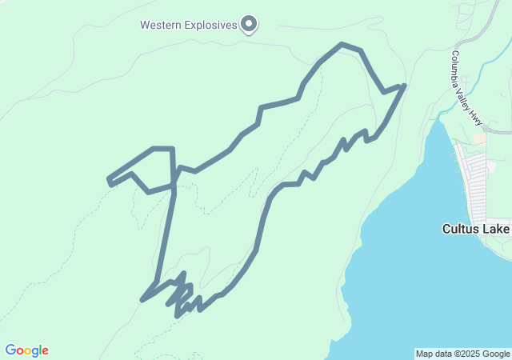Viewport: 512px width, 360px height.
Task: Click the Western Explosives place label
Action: pos(189,25)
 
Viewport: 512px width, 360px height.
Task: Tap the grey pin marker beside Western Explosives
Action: pos(249,25)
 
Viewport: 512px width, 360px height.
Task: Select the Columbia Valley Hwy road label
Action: pos(466,89)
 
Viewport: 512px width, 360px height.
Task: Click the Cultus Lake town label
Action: pos(475,229)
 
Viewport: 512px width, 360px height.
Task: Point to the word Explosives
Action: pos(210,25)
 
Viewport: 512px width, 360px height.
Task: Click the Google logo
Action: pos(26,350)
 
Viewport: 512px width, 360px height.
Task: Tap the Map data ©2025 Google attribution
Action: pos(462,354)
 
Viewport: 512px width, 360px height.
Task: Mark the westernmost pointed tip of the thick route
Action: pos(109,179)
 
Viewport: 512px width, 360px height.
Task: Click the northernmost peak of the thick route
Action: pos(342,44)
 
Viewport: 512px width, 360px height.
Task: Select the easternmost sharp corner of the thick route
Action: pos(405,85)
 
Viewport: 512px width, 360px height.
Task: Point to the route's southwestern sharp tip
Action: pos(142,300)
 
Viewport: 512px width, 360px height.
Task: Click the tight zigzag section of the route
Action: pos(182,297)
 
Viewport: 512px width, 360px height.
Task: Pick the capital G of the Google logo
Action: pos(10,350)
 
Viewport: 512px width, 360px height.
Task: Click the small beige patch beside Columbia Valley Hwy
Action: pos(479,138)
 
